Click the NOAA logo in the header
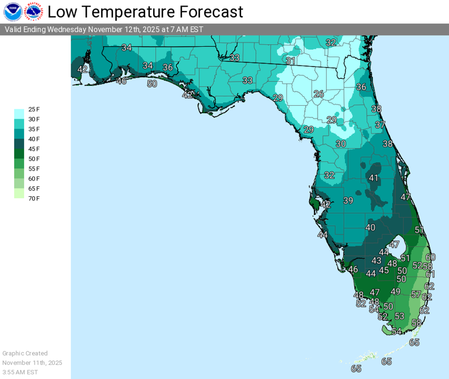click(13, 12)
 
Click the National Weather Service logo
click(34, 12)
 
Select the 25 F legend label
click(34, 109)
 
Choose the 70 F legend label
click(34, 199)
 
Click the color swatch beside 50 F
click(19, 158)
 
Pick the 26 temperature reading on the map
click(319, 94)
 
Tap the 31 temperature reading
click(291, 61)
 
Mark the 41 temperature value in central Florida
click(374, 178)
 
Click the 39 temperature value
click(348, 201)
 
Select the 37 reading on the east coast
click(380, 125)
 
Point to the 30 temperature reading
click(341, 144)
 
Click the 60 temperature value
click(430, 257)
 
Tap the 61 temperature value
click(430, 274)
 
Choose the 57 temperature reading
click(416, 294)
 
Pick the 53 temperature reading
click(399, 316)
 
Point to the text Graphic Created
click(25, 353)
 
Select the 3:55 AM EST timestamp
click(20, 372)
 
